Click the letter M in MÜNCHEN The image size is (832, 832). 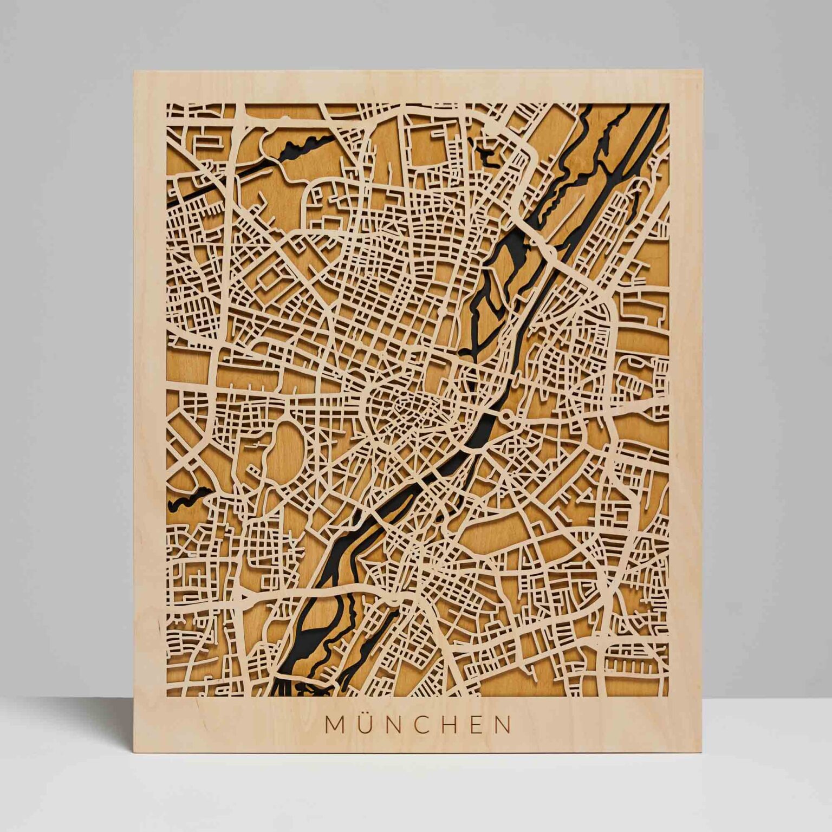coord(334,725)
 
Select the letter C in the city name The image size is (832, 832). coord(426,725)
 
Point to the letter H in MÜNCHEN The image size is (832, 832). coord(456,725)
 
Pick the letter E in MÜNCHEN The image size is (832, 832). coord(482,725)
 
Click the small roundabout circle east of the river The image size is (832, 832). coord(506,416)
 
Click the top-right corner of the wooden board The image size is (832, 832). coord(701,70)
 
